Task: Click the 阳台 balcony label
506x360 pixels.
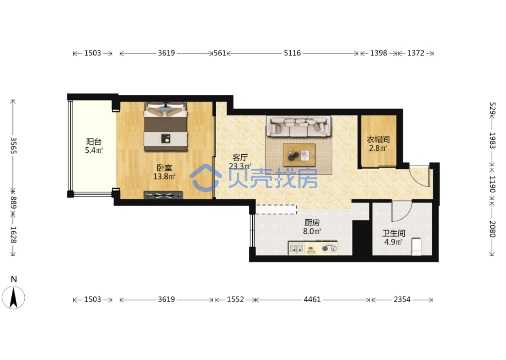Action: point(94,142)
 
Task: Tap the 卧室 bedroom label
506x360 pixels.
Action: point(164,168)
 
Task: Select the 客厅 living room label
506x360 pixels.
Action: point(240,157)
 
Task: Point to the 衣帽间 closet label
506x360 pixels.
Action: point(378,139)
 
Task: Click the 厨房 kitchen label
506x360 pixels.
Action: point(312,223)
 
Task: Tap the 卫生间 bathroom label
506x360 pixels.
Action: point(393,233)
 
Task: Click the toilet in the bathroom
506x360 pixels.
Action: point(416,247)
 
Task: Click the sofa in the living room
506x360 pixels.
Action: point(299,126)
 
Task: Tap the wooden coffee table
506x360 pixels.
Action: point(299,155)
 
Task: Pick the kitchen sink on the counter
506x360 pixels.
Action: point(296,249)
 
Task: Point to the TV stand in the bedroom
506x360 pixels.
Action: point(163,195)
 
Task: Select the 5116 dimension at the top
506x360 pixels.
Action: point(292,53)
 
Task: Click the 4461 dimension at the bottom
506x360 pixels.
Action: point(312,300)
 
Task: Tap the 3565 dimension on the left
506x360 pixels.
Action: point(14,146)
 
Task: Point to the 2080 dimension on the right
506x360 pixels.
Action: point(492,229)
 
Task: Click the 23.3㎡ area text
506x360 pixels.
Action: point(240,166)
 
